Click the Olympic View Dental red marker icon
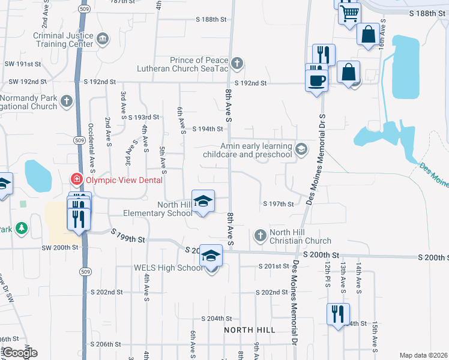click(x=76, y=179)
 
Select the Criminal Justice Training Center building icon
click(x=102, y=40)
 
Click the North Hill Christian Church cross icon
click(x=261, y=235)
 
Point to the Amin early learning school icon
click(x=301, y=149)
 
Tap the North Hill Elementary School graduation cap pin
click(x=203, y=200)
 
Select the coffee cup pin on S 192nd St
click(x=316, y=79)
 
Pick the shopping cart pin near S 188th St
click(x=349, y=12)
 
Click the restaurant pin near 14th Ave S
click(x=337, y=314)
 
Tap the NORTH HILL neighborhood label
click(x=250, y=330)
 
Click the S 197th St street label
click(x=279, y=204)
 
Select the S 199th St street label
click(x=129, y=240)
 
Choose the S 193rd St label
click(x=143, y=117)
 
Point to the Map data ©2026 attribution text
click(x=423, y=355)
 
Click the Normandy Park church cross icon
click(x=67, y=102)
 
